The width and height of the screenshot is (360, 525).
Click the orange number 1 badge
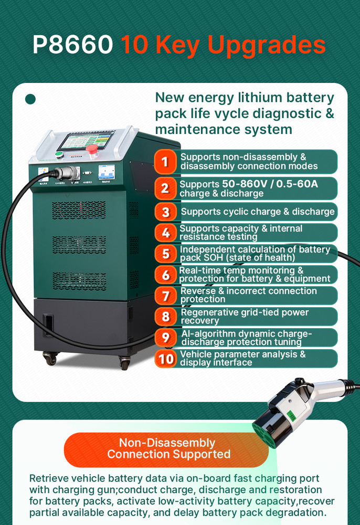165,162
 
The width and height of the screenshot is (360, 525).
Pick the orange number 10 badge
166,359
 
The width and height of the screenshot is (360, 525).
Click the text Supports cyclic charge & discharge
258,212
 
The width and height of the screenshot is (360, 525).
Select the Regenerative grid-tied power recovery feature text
245,316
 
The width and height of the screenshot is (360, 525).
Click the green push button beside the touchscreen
59,154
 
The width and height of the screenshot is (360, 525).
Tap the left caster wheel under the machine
50,360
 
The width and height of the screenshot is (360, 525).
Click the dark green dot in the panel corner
30,99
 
